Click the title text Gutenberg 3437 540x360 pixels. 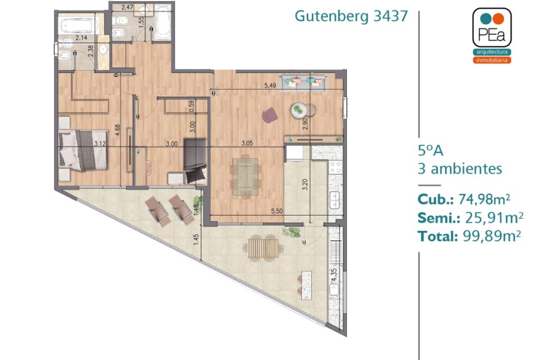click(351, 16)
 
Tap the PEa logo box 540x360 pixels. click(492, 27)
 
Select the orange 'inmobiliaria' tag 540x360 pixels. click(492, 60)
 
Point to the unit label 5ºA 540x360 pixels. click(430, 151)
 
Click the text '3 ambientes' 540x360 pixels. click(460, 169)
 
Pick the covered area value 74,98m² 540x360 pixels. click(484, 199)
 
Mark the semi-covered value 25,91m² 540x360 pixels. click(494, 218)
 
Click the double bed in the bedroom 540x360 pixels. click(83, 150)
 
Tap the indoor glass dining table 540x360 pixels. click(245, 176)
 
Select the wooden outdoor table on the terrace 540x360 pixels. click(264, 248)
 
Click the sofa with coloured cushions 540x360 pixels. click(303, 83)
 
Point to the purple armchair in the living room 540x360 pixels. click(269, 114)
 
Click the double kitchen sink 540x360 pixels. click(334, 200)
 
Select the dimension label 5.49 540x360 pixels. click(270, 86)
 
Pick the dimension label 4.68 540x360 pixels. click(118, 130)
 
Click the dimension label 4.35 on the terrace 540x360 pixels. click(333, 276)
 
